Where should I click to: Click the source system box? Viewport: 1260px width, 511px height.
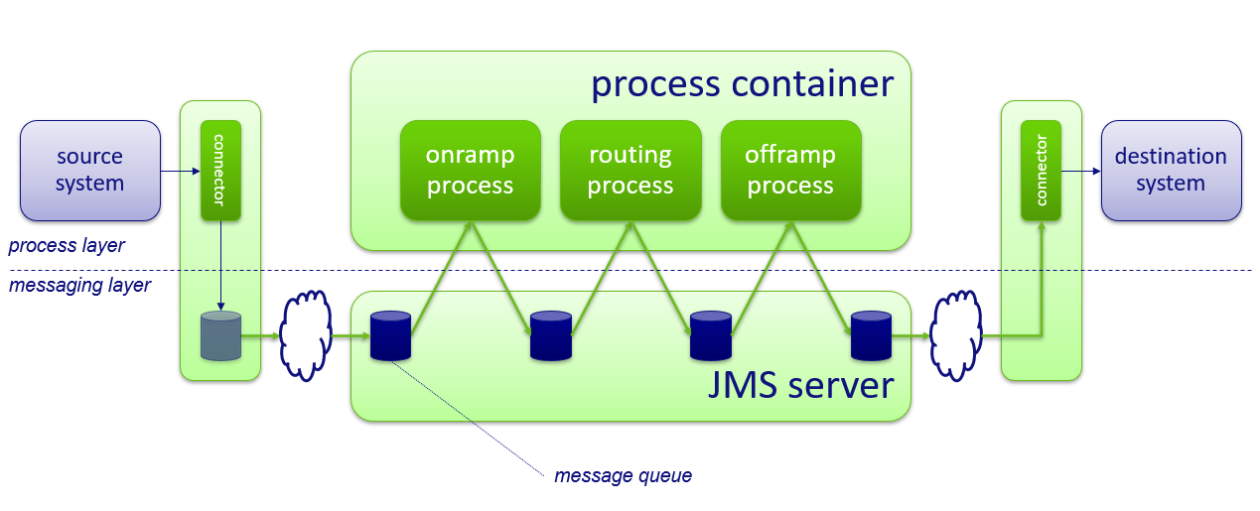pyautogui.click(x=90, y=171)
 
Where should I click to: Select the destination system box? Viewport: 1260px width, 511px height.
pyautogui.click(x=1171, y=171)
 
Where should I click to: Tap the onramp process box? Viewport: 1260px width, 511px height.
pyautogui.click(x=470, y=171)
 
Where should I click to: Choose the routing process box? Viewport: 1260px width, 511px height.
pyautogui.click(x=630, y=171)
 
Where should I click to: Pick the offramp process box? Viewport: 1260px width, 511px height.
pyautogui.click(x=790, y=171)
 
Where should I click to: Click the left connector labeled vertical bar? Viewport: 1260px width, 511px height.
pyautogui.click(x=220, y=171)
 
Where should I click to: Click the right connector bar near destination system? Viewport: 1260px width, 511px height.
pyautogui.click(x=1041, y=171)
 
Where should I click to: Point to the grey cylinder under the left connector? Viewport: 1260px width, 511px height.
pyautogui.click(x=220, y=335)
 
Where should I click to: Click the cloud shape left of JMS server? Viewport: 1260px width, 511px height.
pyautogui.click(x=306, y=334)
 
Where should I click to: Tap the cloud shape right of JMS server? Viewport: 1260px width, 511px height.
pyautogui.click(x=954, y=334)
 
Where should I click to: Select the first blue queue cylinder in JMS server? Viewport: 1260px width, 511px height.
pyautogui.click(x=390, y=335)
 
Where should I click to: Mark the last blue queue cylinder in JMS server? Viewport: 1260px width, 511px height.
pyautogui.click(x=871, y=335)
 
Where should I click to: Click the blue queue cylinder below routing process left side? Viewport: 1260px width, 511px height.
pyautogui.click(x=551, y=335)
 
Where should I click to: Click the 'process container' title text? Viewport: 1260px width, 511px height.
pyautogui.click(x=742, y=84)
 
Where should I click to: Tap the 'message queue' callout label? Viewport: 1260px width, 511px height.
pyautogui.click(x=623, y=476)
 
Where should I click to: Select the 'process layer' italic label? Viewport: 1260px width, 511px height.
pyautogui.click(x=67, y=245)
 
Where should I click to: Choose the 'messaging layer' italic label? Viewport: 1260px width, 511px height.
pyautogui.click(x=79, y=286)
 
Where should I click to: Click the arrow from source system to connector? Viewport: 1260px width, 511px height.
pyautogui.click(x=180, y=172)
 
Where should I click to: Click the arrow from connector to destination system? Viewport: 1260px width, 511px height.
pyautogui.click(x=1081, y=172)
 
